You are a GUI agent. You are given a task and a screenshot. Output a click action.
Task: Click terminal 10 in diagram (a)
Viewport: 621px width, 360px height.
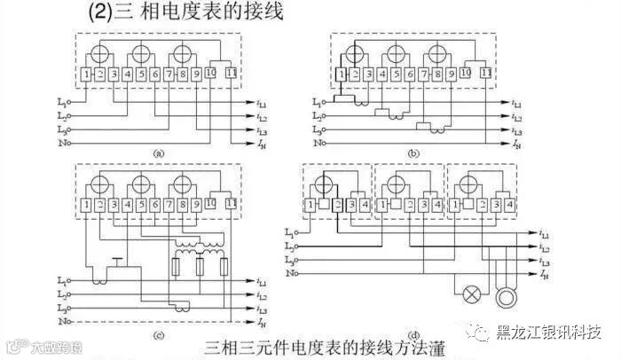coord(212,73)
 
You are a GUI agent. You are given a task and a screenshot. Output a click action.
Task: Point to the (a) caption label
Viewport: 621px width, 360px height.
coord(158,153)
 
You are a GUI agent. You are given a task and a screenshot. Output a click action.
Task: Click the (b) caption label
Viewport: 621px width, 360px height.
coord(413,153)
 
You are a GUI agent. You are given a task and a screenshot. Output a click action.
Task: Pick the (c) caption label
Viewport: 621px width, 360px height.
coord(158,333)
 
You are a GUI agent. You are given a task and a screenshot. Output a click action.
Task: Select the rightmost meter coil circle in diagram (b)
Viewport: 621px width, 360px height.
coord(437,52)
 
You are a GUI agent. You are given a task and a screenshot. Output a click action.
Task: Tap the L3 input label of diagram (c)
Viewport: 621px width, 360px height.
coord(61,307)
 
